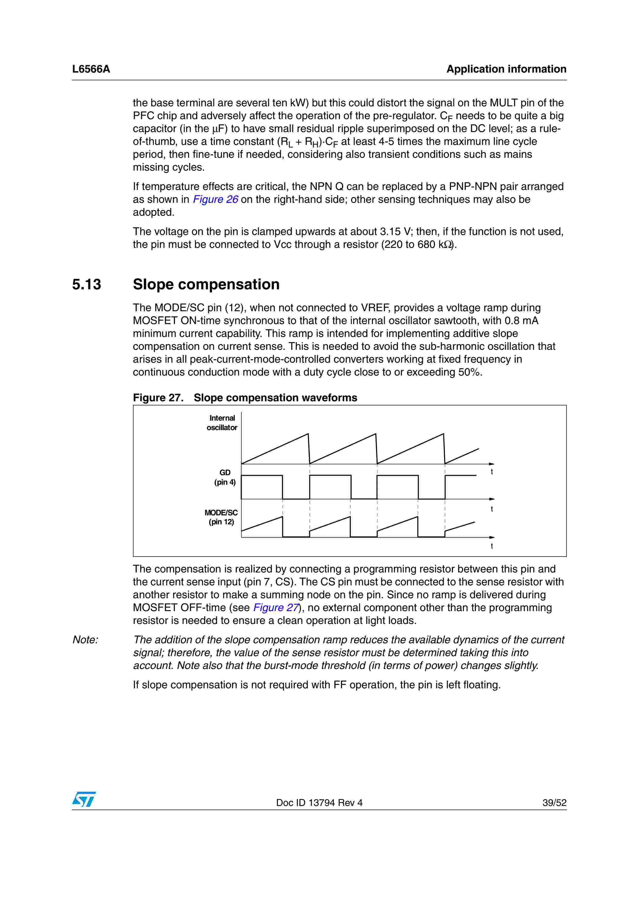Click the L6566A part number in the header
pos(91,69)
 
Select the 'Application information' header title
pos(506,69)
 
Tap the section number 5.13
pos(87,284)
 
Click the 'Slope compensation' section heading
pos(206,284)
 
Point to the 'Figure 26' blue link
pos(215,199)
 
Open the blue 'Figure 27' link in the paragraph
pos(276,608)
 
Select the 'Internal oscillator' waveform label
pos(222,423)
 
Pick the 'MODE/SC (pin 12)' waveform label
pos(221,517)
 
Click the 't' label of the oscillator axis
pos(492,472)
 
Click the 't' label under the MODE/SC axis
pos(492,546)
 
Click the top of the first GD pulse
pos(262,475)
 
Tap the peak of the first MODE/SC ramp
pos(282,517)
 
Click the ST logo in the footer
pos(84,799)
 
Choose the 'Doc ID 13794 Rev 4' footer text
pos(319,803)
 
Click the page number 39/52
pos(554,803)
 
